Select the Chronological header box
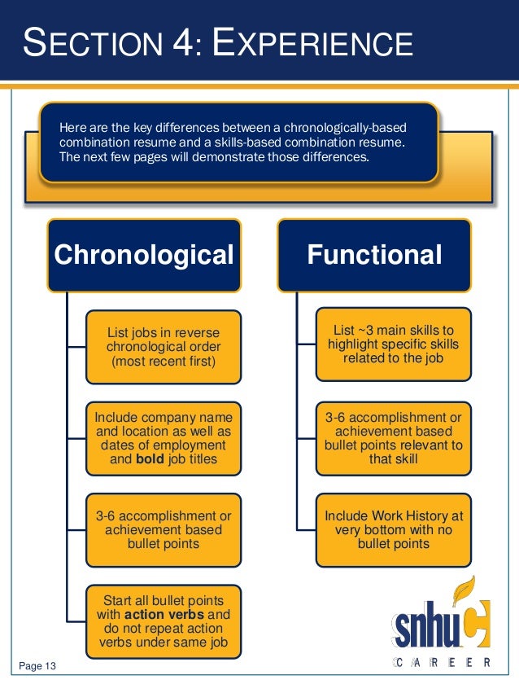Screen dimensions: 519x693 tap(144, 255)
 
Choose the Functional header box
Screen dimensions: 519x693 tap(374, 255)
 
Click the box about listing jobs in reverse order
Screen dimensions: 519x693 tap(163, 346)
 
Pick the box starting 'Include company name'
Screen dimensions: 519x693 tap(163, 439)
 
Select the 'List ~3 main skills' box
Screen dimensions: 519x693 tap(393, 343)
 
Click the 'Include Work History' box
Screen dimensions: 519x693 tap(393, 529)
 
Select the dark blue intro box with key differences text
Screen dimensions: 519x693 tap(239, 142)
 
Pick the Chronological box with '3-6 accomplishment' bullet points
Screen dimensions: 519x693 tap(163, 529)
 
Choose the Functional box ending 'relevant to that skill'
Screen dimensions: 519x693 tap(393, 438)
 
